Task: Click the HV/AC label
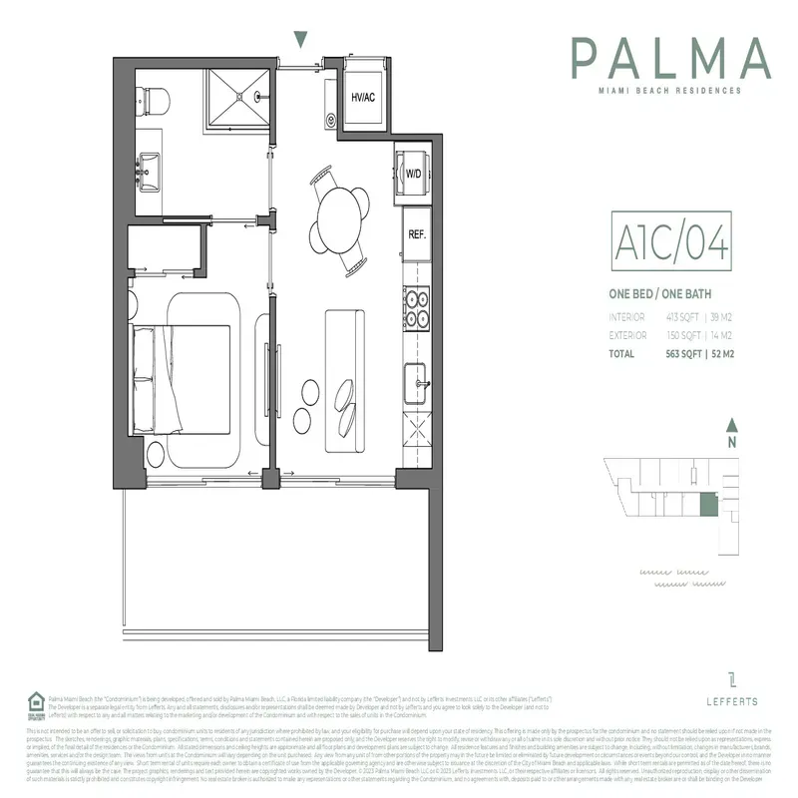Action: [362, 98]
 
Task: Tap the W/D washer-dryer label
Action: [412, 174]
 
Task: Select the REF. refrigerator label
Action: [416, 235]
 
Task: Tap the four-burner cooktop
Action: [416, 308]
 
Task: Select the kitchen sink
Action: [417, 380]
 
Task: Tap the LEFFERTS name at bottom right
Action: [732, 702]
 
